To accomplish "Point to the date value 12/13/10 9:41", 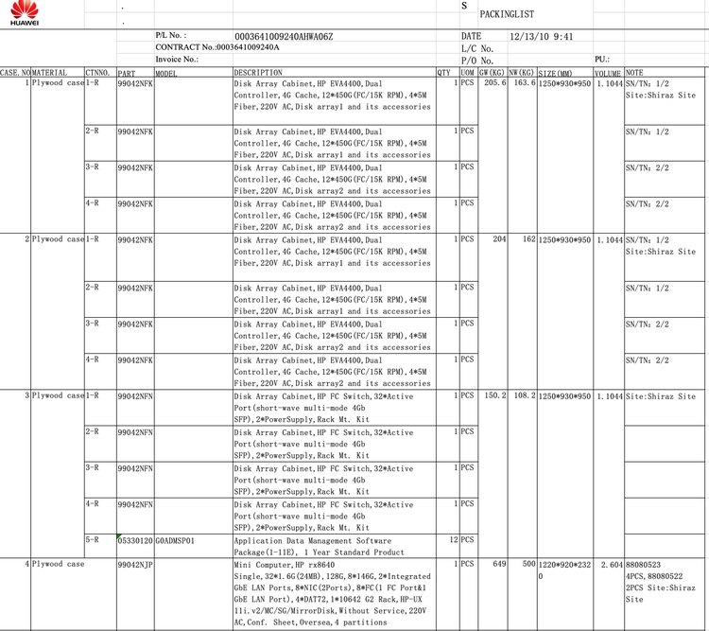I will click(x=542, y=36).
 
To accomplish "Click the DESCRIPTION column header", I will click(x=257, y=73).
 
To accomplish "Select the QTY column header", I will click(x=443, y=73).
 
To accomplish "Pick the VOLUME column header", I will click(x=608, y=73).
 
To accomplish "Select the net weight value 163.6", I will click(x=525, y=83).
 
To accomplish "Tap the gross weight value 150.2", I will click(x=494, y=395).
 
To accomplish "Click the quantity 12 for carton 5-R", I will click(x=453, y=540).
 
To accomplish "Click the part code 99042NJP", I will click(x=134, y=565).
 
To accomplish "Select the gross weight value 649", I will click(x=499, y=565).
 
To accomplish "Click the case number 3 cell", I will click(x=27, y=395).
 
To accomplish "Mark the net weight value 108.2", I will click(x=525, y=395).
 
